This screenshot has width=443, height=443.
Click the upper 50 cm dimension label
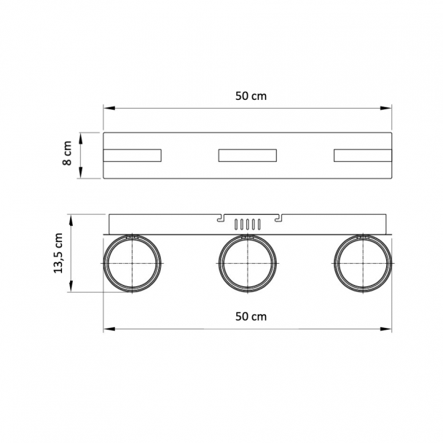[x=251, y=96]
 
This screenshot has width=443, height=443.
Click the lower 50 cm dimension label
[x=251, y=316]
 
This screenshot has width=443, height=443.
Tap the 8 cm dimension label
[x=67, y=153]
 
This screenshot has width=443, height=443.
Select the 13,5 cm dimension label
[x=58, y=253]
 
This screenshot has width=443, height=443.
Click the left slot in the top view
[x=132, y=155]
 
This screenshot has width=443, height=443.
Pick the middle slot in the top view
[x=248, y=155]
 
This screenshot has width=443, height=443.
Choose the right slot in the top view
[x=363, y=155]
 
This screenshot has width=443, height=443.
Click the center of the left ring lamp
[x=132, y=263]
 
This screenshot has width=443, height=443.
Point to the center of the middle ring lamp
[x=248, y=263]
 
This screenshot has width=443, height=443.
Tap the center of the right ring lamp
[x=363, y=263]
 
